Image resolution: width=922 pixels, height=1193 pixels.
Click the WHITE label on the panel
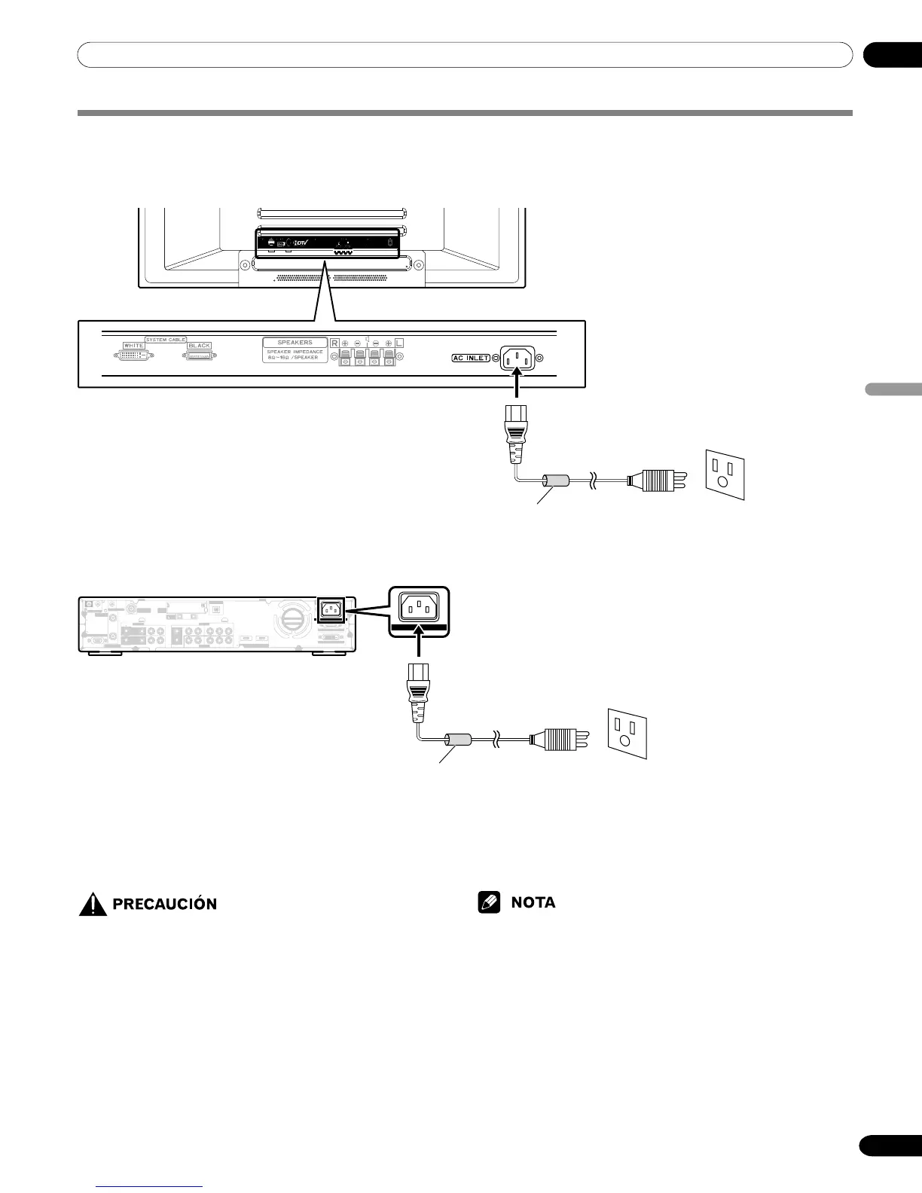(x=133, y=346)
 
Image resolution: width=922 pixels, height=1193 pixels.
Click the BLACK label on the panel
(x=200, y=346)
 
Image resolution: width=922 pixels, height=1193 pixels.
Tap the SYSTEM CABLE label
(x=166, y=340)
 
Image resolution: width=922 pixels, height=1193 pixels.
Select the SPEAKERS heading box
(x=295, y=343)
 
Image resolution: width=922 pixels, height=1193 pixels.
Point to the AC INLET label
(x=471, y=358)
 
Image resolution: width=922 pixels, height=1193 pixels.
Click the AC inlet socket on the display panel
(x=516, y=359)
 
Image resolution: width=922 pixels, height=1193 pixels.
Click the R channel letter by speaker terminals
(x=334, y=343)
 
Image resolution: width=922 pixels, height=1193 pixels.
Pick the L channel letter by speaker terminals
(x=399, y=343)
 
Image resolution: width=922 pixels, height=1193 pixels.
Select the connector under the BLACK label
(x=200, y=355)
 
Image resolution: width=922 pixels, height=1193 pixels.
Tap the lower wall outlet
(x=627, y=734)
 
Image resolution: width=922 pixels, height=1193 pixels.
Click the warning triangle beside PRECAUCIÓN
(x=93, y=903)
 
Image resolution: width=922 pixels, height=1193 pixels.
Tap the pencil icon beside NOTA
(x=489, y=902)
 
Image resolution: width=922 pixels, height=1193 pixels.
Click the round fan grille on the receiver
(x=291, y=620)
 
